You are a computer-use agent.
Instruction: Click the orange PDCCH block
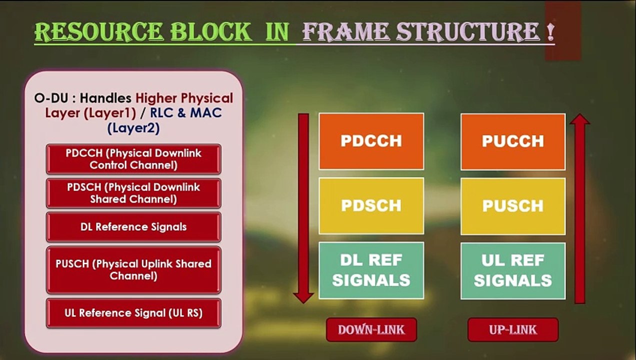tap(371, 141)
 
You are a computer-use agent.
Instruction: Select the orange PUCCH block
tap(513, 141)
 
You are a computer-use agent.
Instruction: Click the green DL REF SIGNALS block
tap(371, 270)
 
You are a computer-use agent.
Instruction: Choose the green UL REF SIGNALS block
tap(513, 270)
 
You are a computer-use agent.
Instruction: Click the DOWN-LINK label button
tap(371, 329)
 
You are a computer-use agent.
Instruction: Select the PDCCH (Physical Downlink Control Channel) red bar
tap(133, 159)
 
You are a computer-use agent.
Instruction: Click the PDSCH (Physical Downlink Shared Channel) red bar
tap(133, 193)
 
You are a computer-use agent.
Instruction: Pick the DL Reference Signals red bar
tap(133, 226)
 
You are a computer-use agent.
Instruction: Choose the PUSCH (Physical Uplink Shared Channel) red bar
tap(133, 269)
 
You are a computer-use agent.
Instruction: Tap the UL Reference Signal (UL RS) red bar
tap(133, 313)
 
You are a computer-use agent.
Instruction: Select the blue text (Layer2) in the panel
tap(133, 128)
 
